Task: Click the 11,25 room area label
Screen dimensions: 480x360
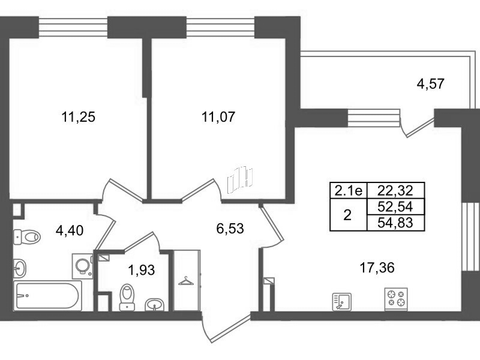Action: [79, 117]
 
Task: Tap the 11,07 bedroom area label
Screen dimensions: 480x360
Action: [218, 117]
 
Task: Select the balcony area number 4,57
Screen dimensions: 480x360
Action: [430, 83]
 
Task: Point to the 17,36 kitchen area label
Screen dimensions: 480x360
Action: [377, 268]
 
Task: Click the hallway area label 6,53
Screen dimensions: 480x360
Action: [230, 229]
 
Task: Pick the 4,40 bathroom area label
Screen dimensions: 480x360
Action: [70, 230]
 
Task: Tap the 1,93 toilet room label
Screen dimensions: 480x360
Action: [142, 271]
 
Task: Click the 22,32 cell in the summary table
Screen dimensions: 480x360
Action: [395, 191]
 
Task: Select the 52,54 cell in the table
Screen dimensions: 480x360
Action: [395, 206]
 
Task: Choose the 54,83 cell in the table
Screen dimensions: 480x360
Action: [395, 223]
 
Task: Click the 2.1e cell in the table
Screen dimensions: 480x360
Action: [349, 191]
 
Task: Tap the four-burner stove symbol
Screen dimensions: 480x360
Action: [396, 299]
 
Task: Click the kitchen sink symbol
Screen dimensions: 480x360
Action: [341, 302]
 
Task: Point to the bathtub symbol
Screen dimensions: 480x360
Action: [47, 296]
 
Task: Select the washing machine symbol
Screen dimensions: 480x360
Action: [83, 266]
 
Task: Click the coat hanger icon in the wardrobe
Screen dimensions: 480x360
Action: [186, 281]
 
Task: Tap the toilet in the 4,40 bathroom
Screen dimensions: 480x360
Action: [27, 236]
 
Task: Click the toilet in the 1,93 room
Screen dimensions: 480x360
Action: [127, 297]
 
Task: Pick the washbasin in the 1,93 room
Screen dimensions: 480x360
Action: [155, 304]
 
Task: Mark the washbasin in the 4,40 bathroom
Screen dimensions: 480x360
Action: [20, 268]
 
